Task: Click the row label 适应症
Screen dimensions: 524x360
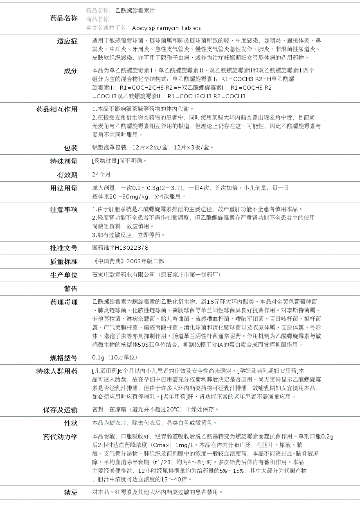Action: pyautogui.click(x=67, y=41)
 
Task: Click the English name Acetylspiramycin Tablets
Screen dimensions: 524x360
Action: pyautogui.click(x=166, y=28)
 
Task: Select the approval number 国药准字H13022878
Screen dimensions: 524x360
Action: pyautogui.click(x=120, y=248)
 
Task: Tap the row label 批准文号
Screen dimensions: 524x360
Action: pyautogui.click(x=64, y=248)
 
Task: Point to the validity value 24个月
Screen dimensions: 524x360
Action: pyautogui.click(x=101, y=174)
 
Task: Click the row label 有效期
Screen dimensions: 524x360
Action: pyautogui.click(x=67, y=175)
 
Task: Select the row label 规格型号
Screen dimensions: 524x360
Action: pyautogui.click(x=64, y=358)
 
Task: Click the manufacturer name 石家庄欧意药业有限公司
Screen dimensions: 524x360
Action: pyautogui.click(x=124, y=275)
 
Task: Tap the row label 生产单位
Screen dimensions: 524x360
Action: pyautogui.click(x=64, y=275)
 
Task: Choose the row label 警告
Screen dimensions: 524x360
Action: pyautogui.click(x=70, y=289)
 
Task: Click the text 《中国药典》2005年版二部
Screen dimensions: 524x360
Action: pyautogui.click(x=128, y=261)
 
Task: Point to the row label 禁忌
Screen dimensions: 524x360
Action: pyautogui.click(x=70, y=492)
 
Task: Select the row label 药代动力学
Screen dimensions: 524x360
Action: pyautogui.click(x=61, y=437)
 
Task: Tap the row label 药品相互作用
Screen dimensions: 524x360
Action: pyautogui.click(x=57, y=109)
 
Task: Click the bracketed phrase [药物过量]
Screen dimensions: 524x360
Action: pyautogui.click(x=105, y=161)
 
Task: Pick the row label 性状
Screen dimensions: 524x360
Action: pyautogui.click(x=70, y=423)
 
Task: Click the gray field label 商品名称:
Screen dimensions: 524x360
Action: pyautogui.click(x=98, y=19)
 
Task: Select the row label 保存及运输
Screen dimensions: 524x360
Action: pyautogui.click(x=61, y=410)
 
